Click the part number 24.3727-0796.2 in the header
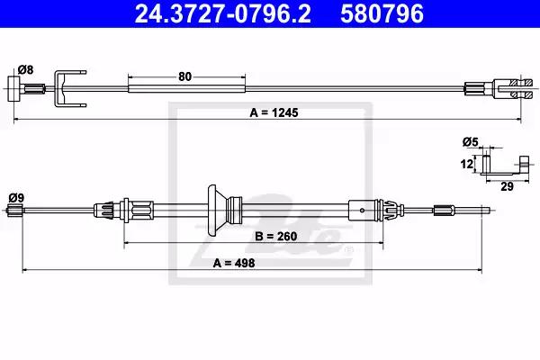point(222,13)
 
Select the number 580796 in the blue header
point(382,13)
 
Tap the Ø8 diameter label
point(25,69)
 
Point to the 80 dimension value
point(184,76)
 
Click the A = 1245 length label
point(274,112)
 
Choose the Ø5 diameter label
point(471,141)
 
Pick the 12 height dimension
point(467,164)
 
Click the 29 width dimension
point(507,186)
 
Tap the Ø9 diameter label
point(16,198)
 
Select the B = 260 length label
point(276,237)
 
